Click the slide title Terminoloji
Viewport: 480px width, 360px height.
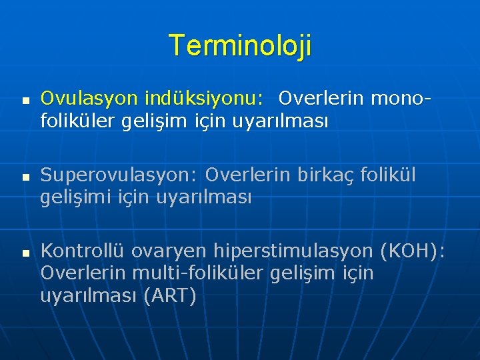240,46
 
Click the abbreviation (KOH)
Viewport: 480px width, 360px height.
412,251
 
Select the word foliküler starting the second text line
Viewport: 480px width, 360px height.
78,122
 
